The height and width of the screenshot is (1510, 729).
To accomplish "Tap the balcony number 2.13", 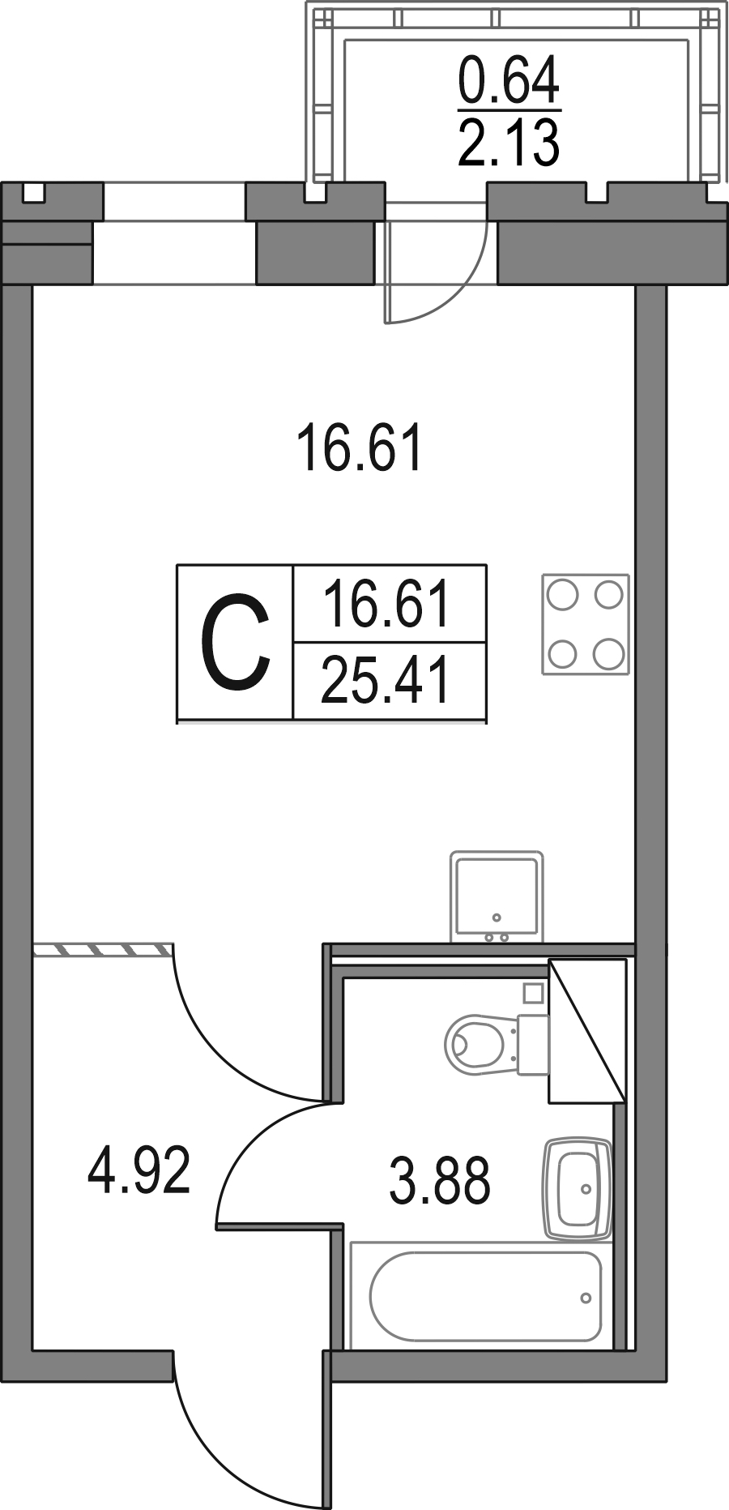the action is pos(509,143).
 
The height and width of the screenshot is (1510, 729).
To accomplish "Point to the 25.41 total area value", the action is pos(386,681).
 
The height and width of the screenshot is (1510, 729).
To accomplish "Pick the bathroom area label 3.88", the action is pos(440,1181).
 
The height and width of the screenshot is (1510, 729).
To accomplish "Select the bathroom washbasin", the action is pos(576,1189).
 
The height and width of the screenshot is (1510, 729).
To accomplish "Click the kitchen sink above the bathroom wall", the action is pos(497,896).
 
